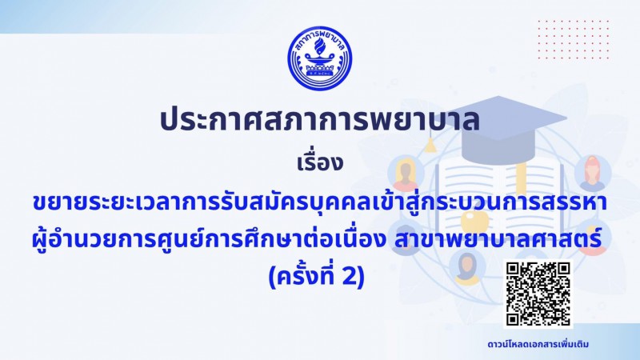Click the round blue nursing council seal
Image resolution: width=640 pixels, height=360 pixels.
[319, 58]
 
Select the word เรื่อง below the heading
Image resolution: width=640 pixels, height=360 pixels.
[319, 163]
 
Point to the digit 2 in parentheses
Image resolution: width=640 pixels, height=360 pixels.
[349, 276]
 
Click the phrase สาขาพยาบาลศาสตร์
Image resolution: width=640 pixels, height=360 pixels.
[498, 239]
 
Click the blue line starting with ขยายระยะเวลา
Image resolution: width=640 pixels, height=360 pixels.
[319, 202]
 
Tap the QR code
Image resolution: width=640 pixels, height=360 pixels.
[538, 294]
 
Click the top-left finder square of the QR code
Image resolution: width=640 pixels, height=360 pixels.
[513, 269]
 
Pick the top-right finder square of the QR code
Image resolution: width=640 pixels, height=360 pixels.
[563, 269]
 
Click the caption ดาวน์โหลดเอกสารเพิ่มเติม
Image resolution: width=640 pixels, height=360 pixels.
[538, 344]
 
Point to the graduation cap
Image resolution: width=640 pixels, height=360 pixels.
[498, 122]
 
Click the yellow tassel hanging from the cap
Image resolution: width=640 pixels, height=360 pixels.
[430, 146]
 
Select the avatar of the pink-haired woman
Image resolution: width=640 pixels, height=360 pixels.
[593, 173]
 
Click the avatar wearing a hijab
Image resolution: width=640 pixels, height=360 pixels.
[467, 268]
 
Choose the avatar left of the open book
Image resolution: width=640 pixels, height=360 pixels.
[406, 174]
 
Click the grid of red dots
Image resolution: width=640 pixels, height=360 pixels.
[573, 39]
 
